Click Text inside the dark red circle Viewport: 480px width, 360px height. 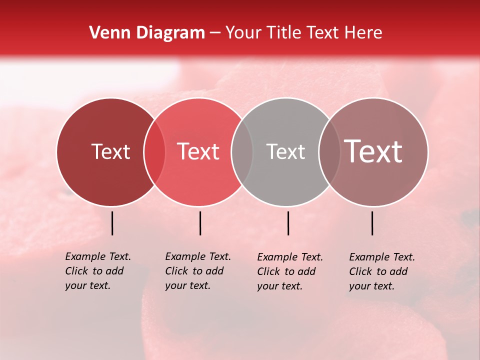pyautogui.click(x=110, y=152)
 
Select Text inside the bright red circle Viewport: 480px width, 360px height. pyautogui.click(x=198, y=152)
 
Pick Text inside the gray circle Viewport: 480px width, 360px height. pyautogui.click(x=285, y=152)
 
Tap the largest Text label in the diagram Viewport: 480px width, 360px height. pyautogui.click(x=373, y=152)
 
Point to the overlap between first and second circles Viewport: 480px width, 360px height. pyautogui.click(x=154, y=152)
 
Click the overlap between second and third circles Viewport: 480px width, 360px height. pyautogui.click(x=242, y=152)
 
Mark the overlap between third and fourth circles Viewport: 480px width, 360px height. pyautogui.click(x=329, y=152)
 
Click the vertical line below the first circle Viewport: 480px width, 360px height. pyautogui.click(x=112, y=223)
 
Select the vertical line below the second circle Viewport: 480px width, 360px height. pyautogui.click(x=200, y=223)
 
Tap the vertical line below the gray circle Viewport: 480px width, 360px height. pyautogui.click(x=288, y=223)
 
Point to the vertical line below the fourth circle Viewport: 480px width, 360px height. pyautogui.click(x=372, y=223)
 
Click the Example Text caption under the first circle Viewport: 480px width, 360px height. pyautogui.click(x=98, y=271)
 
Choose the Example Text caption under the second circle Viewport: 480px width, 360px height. pyautogui.click(x=198, y=271)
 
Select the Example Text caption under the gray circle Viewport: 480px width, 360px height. pyautogui.click(x=290, y=271)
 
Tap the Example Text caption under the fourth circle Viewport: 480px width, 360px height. pyautogui.click(x=382, y=271)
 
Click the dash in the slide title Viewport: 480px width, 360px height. pyautogui.click(x=215, y=33)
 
